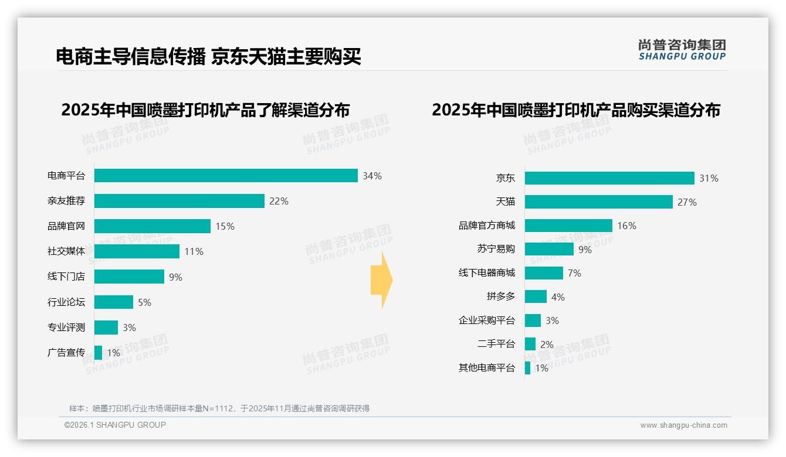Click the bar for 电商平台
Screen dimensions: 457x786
point(226,176)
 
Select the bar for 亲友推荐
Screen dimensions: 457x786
point(179,201)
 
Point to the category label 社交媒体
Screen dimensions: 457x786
point(66,251)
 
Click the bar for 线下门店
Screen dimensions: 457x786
point(129,277)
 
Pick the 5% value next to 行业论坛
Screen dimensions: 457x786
point(144,302)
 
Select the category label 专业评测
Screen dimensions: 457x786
point(66,328)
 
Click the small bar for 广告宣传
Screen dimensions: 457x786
point(98,353)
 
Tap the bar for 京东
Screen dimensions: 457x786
point(609,178)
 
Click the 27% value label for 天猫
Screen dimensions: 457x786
point(687,202)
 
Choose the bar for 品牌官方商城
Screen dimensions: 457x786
point(568,226)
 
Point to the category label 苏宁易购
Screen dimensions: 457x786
point(496,249)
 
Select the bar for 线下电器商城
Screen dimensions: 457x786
point(544,273)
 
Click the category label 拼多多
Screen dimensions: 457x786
point(501,296)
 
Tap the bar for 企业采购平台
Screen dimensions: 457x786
point(533,320)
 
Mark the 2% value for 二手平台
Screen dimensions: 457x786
point(547,345)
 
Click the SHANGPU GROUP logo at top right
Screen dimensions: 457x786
point(682,50)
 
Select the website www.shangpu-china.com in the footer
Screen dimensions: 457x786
point(683,425)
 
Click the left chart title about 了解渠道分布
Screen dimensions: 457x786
point(205,110)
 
